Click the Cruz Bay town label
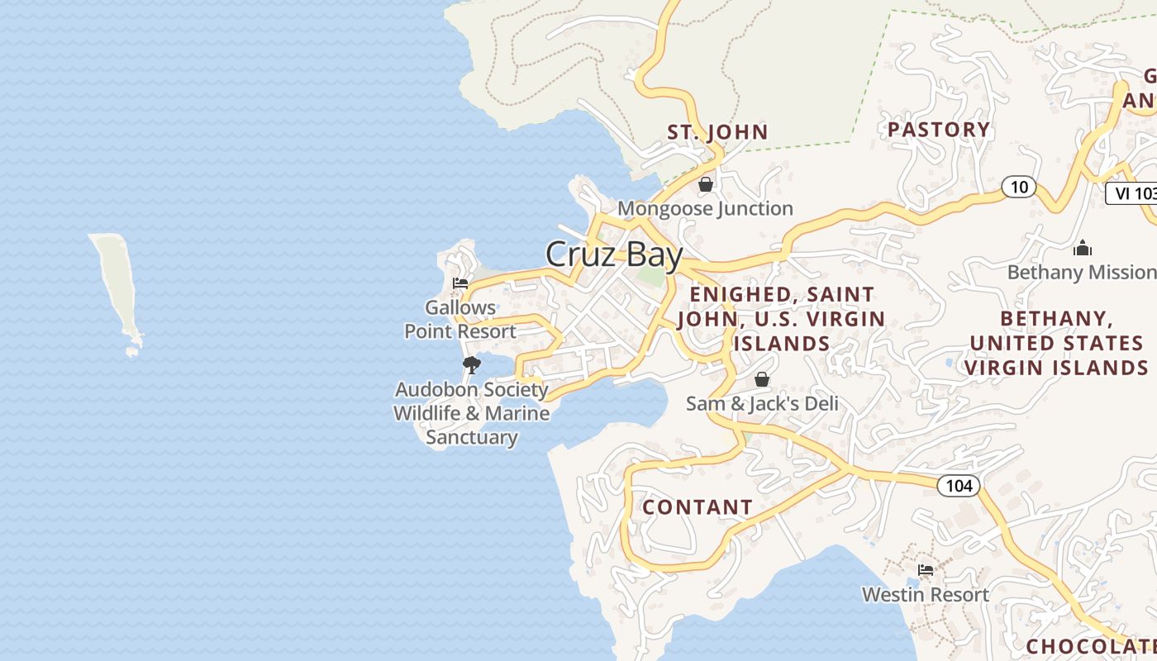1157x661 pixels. (x=614, y=254)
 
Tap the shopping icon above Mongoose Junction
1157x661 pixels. (x=706, y=184)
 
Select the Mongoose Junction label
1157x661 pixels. (x=705, y=208)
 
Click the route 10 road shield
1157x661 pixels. (x=1019, y=187)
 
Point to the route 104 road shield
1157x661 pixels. (x=959, y=486)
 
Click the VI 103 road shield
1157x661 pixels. (x=1132, y=193)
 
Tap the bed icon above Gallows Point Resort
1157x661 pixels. (x=460, y=283)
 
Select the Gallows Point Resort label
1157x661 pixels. (x=460, y=320)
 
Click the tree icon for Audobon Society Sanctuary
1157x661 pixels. (x=472, y=364)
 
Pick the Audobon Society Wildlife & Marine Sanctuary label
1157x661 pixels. (x=471, y=413)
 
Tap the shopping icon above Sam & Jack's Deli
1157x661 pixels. (x=762, y=379)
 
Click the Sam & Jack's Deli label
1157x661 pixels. (x=762, y=403)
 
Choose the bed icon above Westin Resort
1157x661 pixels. (x=926, y=570)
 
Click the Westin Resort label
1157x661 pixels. (x=925, y=594)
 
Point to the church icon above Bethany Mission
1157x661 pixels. (x=1083, y=248)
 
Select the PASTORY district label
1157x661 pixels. (x=939, y=130)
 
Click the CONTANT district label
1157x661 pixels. (x=698, y=507)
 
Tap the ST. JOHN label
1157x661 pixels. (x=717, y=132)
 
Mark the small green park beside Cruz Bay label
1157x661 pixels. (x=652, y=278)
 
